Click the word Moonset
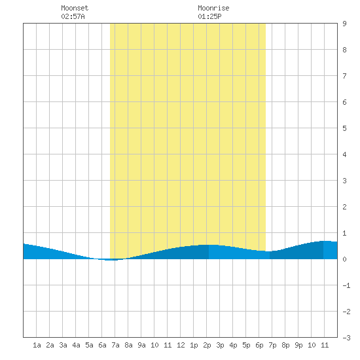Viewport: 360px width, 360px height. [x=75, y=8]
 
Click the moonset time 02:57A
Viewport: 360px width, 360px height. [x=73, y=16]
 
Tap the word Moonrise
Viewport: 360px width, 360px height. [x=213, y=8]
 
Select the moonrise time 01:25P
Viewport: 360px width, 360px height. [x=209, y=16]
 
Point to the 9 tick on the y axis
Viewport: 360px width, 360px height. [x=344, y=24]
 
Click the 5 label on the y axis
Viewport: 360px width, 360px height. [x=344, y=128]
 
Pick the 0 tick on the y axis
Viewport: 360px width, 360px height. [x=344, y=259]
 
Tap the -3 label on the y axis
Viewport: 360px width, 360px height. [x=346, y=338]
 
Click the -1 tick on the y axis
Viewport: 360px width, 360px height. [x=346, y=285]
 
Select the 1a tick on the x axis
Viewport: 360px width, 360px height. [x=37, y=345]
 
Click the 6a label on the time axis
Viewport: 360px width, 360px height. [x=102, y=345]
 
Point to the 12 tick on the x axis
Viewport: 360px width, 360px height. [x=181, y=345]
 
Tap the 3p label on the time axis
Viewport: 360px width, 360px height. [x=220, y=345]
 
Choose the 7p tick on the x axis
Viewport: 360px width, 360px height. [x=272, y=345]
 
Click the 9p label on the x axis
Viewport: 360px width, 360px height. [x=298, y=345]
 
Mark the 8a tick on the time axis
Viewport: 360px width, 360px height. [x=128, y=345]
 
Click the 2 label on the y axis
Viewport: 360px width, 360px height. [x=344, y=207]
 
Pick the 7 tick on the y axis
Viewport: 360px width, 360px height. [x=344, y=76]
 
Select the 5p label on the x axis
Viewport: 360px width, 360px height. [x=246, y=345]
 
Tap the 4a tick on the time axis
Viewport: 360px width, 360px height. [x=76, y=345]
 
